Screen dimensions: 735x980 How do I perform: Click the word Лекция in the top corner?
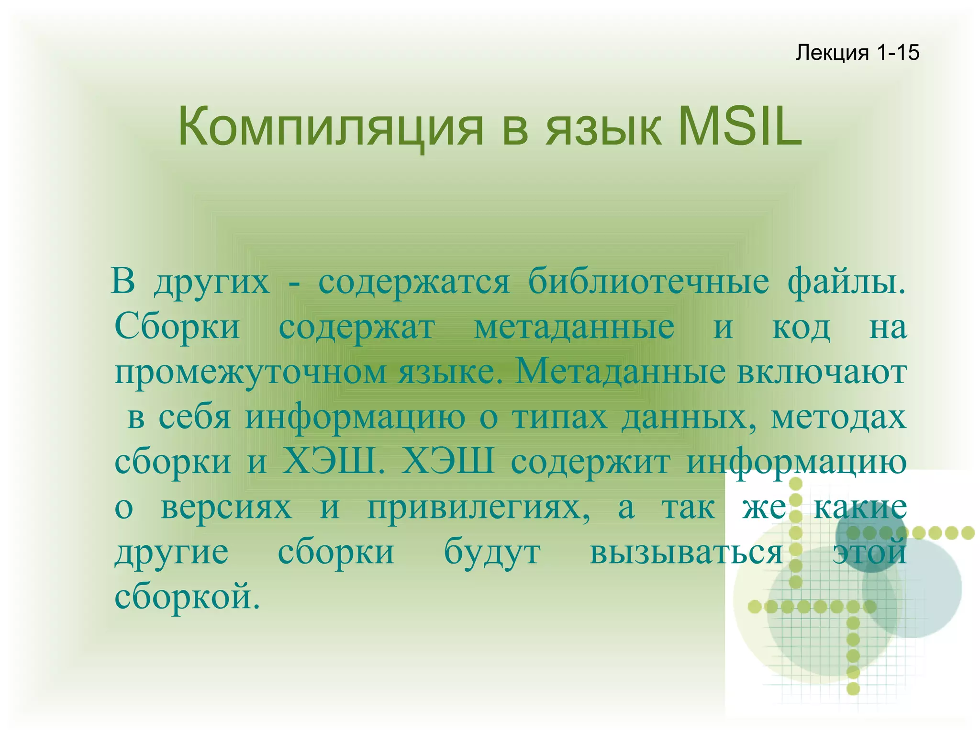832,52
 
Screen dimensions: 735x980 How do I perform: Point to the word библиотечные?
648,282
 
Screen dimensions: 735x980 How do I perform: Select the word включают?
821,373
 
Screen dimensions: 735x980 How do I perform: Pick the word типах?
560,418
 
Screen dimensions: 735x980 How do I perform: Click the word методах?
838,418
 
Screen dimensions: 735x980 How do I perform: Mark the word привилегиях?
479,509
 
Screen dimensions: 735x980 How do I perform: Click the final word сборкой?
187,597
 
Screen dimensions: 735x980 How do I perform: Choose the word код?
801,328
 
